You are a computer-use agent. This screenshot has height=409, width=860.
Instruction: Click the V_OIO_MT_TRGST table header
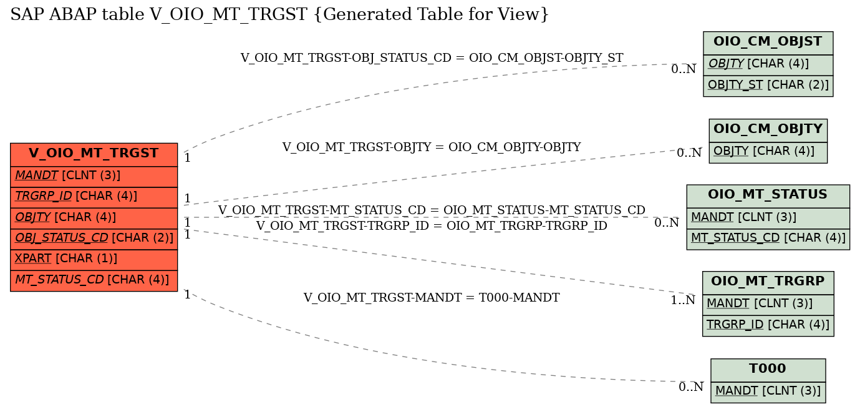[94, 154]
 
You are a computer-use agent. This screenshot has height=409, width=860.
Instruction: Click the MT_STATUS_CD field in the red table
[94, 280]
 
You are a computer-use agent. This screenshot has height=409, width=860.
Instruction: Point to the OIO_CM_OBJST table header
[768, 43]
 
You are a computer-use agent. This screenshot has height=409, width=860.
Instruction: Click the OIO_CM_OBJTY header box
[768, 131]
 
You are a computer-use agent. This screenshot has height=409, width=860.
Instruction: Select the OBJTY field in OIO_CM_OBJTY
[768, 152]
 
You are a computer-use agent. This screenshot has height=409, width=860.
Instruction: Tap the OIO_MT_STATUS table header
[768, 197]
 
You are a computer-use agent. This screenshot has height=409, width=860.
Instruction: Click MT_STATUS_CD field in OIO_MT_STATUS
[768, 239]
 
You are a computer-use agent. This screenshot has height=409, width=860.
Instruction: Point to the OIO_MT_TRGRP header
[768, 283]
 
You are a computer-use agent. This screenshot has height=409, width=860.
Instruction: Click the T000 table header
[768, 370]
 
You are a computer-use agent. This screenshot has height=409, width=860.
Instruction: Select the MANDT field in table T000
[768, 392]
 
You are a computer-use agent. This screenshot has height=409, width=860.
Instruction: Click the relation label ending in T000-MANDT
[432, 297]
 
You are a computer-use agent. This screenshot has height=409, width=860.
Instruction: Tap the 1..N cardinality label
[683, 300]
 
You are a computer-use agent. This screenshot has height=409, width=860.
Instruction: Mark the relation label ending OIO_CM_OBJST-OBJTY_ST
[432, 57]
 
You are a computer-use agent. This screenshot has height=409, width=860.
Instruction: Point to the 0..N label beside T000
[691, 387]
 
